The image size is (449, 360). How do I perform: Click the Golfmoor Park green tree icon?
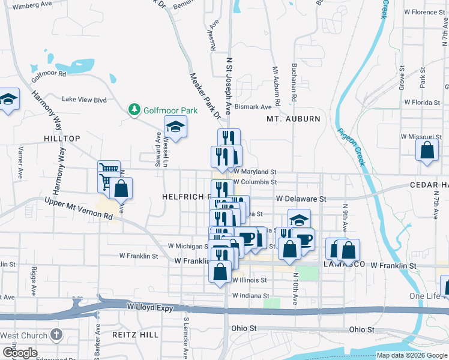134,110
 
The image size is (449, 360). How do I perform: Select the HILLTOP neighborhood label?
62,139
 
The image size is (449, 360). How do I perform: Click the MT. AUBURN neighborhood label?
294,119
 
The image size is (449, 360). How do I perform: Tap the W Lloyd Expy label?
150,308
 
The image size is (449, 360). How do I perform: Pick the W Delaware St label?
301,198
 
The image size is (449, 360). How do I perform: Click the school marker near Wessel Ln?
176,127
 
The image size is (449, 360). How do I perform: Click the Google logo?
19,352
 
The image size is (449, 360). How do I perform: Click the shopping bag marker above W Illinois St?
220,271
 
